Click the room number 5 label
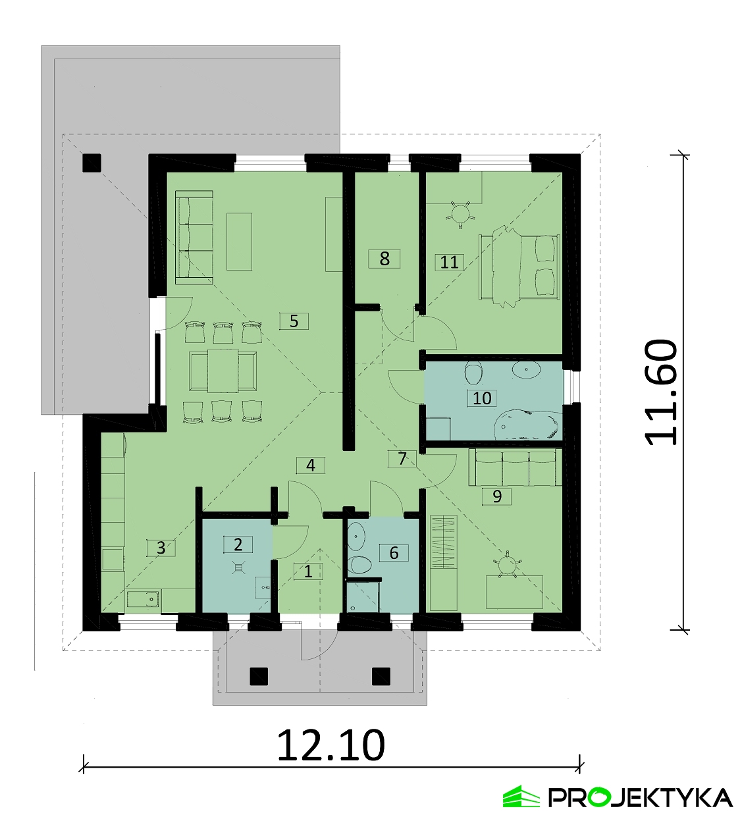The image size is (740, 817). coord(294,321)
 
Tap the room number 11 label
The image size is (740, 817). coord(450,262)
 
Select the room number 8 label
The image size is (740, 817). coord(384,259)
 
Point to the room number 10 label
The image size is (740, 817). coord(482,398)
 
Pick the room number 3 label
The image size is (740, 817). coord(161,548)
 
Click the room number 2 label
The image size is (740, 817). coord(238,544)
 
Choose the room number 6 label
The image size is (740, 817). coord(394,553)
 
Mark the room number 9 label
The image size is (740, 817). coord(496,496)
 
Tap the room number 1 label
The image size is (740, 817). coord(308,571)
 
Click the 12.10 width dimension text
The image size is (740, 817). coord(331,746)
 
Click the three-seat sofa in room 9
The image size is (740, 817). coord(515,467)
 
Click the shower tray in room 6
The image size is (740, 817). coord(363,597)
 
